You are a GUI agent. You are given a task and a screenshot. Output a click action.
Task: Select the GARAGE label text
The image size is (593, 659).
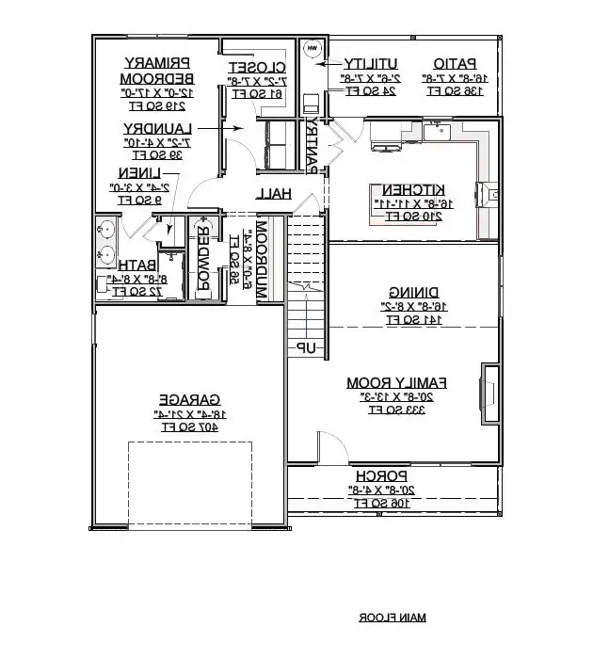pos(188,399)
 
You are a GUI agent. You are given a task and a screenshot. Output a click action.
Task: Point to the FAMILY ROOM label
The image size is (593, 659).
pos(396,382)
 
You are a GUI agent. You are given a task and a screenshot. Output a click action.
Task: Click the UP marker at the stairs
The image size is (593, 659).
pos(307,349)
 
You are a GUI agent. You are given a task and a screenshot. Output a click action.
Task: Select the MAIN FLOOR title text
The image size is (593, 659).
pos(392,618)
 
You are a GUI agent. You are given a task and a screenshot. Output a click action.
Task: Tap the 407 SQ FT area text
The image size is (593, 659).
pos(188,426)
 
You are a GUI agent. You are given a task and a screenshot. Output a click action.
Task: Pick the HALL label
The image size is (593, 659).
pos(275,193)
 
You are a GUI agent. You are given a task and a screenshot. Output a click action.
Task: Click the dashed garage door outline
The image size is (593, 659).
pos(189,471)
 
